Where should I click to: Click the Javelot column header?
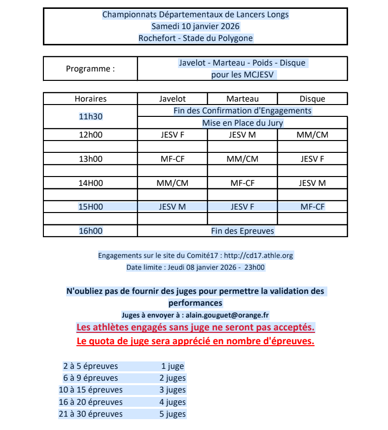(172, 99)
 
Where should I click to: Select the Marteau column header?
(242, 99)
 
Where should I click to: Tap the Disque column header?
(312, 99)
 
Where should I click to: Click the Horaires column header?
(90, 99)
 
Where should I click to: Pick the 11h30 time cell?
(90, 117)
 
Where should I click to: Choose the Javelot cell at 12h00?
(172, 135)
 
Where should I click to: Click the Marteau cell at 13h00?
(242, 159)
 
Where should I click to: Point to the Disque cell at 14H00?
(312, 183)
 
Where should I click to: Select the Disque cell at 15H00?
(312, 207)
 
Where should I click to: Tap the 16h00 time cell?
(90, 231)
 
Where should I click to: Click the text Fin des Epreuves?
(242, 231)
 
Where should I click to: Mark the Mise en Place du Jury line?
(242, 123)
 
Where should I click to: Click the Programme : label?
(90, 69)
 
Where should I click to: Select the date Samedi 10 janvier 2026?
(196, 26)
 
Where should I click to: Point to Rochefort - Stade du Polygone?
(196, 38)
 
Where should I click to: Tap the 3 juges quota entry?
(172, 390)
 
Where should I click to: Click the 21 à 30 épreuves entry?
(91, 414)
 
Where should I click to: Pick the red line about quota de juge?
(196, 341)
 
